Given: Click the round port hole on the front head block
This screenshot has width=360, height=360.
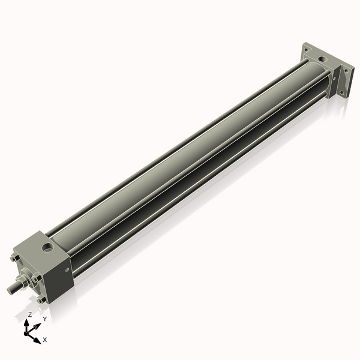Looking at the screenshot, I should pyautogui.click(x=47, y=247).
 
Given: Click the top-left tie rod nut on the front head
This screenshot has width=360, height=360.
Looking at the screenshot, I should pyautogui.click(x=14, y=258).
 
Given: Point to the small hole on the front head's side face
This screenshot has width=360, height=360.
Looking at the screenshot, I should pyautogui.click(x=67, y=269).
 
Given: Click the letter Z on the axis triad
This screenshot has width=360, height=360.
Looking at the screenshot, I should pyautogui.click(x=30, y=315).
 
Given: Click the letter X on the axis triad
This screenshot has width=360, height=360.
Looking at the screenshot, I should pyautogui.click(x=45, y=340).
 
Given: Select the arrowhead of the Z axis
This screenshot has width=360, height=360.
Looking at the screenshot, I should pyautogui.click(x=26, y=323).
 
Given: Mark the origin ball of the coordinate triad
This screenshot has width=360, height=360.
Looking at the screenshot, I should pyautogui.click(x=26, y=334).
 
